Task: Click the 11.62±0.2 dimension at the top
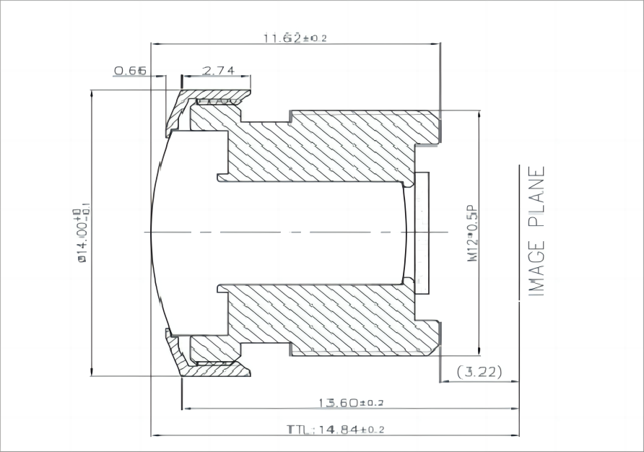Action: click(x=295, y=38)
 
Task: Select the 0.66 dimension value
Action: click(x=131, y=70)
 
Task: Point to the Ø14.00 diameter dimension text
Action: click(x=80, y=235)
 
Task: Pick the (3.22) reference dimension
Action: click(x=479, y=373)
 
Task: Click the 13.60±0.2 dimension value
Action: click(x=352, y=402)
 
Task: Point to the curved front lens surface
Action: click(x=155, y=232)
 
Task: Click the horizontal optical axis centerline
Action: click(x=289, y=232)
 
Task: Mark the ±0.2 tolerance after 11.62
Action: click(x=315, y=38)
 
